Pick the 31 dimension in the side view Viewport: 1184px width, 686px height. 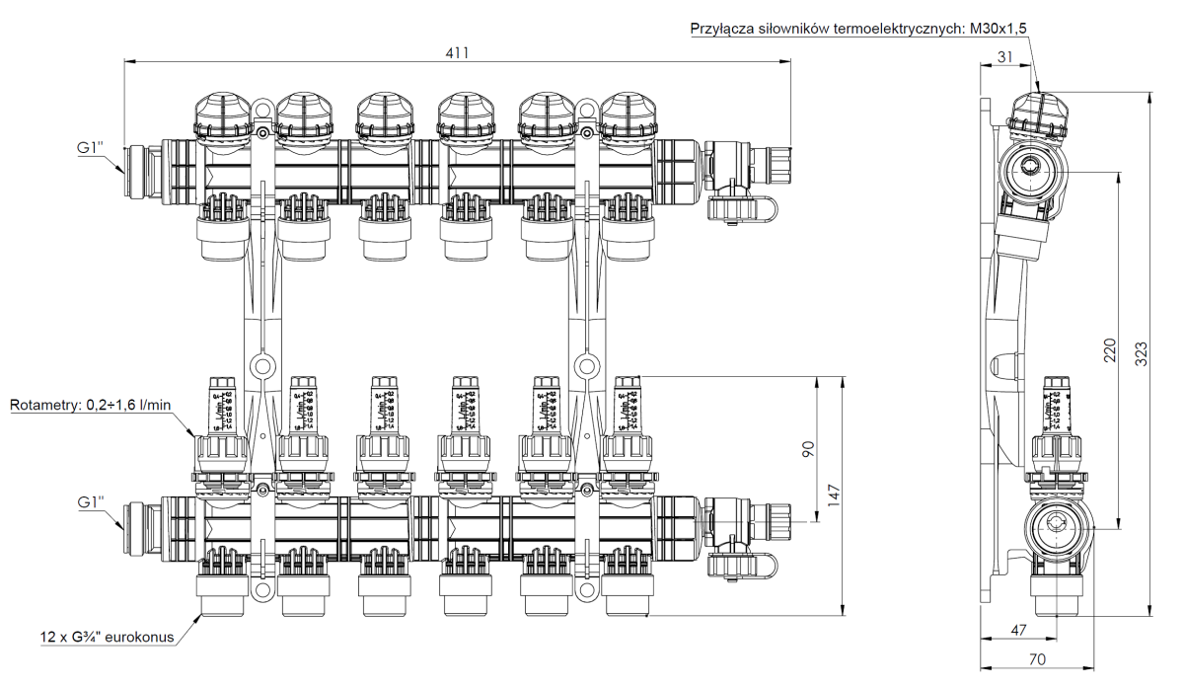coord(1003,57)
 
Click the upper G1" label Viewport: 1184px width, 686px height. coord(92,149)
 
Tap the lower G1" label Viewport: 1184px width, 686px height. coord(92,501)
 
